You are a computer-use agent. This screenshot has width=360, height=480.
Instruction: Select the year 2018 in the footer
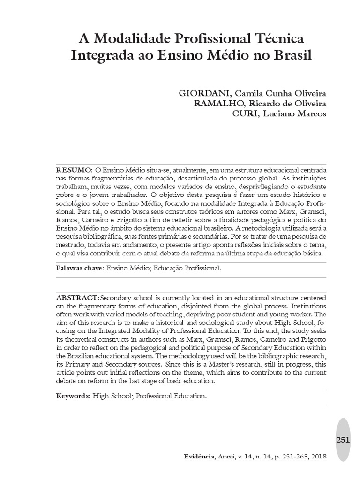point(318,457)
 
